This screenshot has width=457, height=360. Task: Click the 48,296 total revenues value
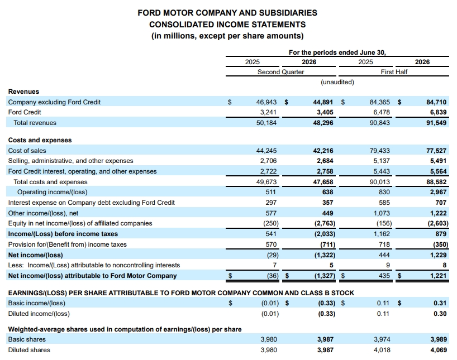(323, 123)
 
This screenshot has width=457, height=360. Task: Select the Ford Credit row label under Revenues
(25, 112)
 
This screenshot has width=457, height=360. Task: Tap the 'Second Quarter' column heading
(280, 72)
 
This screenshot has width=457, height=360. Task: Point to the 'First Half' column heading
(394, 72)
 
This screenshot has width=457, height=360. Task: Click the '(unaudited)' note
(337, 82)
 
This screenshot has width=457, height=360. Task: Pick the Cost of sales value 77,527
(436, 151)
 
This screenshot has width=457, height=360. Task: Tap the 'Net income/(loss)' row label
(36, 255)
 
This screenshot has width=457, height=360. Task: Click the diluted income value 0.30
(440, 314)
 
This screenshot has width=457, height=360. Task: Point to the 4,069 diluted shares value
(439, 350)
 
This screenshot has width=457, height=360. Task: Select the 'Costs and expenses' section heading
(40, 140)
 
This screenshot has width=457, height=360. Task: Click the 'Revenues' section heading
(23, 92)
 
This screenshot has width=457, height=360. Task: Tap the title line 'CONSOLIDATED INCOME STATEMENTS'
(227, 25)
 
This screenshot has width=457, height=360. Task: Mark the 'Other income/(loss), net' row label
(43, 213)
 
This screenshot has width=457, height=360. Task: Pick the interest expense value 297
(271, 203)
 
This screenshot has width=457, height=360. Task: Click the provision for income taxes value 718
(384, 244)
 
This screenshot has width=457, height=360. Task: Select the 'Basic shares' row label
(27, 339)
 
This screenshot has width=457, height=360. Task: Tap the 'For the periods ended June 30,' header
(337, 52)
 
